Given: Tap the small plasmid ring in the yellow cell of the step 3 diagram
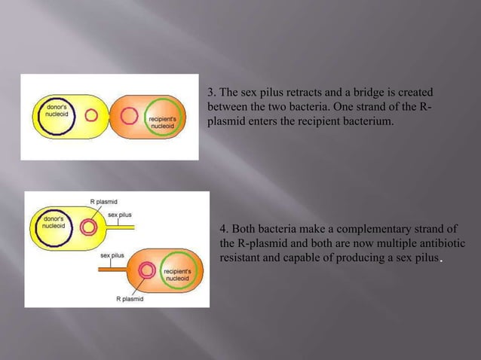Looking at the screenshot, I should (92, 116).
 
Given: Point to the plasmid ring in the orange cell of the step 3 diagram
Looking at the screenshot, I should (129, 116).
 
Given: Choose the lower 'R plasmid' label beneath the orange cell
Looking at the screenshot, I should (130, 298).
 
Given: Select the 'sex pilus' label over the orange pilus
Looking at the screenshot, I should (114, 255).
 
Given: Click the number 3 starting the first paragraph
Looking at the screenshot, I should (211, 93).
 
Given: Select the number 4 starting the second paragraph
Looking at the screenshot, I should (223, 229).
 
